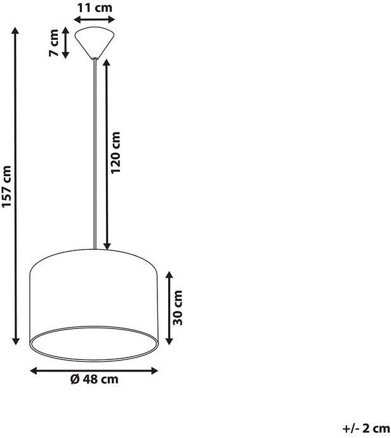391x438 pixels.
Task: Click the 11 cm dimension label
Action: tap(95, 8)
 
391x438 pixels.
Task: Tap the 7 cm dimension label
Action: tap(54, 42)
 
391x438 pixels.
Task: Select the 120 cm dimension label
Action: tap(116, 153)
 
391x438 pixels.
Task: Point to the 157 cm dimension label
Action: tap(6, 186)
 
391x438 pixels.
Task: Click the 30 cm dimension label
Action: tap(178, 308)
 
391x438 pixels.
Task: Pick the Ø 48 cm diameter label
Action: tap(95, 379)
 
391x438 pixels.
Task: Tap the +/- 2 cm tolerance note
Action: tap(366, 429)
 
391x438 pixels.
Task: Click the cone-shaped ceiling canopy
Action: tap(95, 42)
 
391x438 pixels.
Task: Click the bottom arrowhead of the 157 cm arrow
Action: tap(16, 341)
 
